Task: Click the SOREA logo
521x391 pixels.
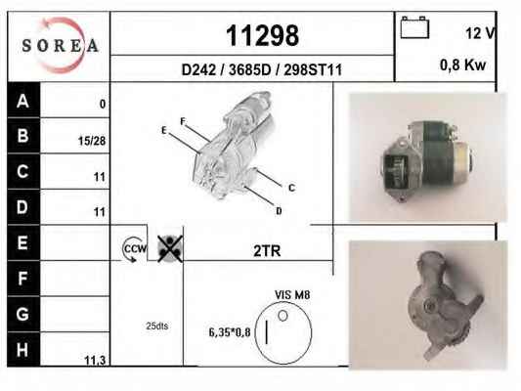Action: pos(60,45)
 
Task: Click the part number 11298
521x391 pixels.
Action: pos(262,35)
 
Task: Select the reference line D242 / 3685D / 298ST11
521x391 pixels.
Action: pos(262,69)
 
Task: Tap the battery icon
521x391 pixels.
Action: pos(414,27)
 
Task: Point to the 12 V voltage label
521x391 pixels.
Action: pos(481,33)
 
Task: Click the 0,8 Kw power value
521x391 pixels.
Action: pos(462,65)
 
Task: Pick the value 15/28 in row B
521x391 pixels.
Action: pos(92,141)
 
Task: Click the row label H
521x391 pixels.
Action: pos(22,350)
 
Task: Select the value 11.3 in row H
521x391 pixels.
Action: pos(95,360)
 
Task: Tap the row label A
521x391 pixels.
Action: pos(22,101)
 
